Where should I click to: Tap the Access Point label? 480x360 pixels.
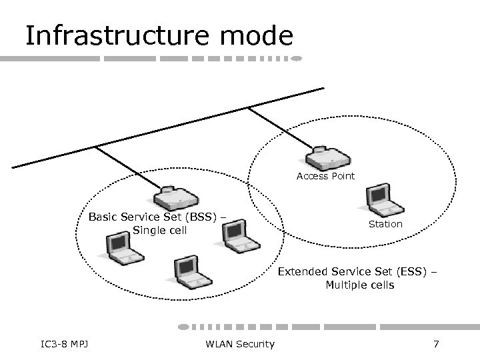(325, 177)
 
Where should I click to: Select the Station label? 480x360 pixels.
(385, 224)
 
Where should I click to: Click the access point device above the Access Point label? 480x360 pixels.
(325, 157)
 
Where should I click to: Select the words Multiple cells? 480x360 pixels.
(359, 285)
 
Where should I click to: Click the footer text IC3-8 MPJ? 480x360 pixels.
(65, 344)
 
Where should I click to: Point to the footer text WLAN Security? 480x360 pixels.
(241, 344)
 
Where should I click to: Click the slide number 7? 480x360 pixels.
(436, 344)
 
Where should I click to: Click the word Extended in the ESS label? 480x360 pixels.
(300, 272)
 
